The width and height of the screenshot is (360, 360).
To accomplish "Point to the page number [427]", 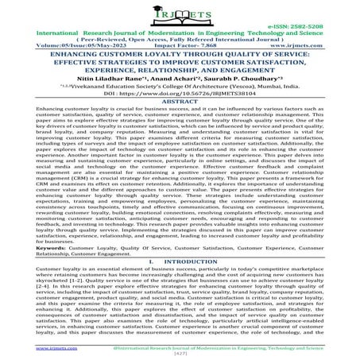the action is click(x=180, y=354).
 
